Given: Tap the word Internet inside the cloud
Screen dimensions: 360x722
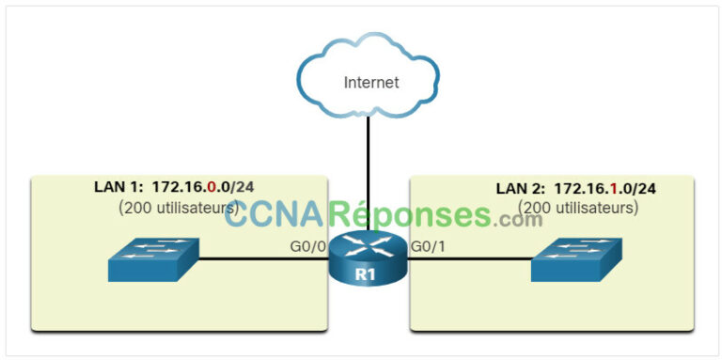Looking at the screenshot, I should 370,83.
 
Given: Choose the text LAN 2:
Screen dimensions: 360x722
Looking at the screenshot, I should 518,188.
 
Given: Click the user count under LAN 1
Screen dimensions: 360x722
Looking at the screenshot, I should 176,208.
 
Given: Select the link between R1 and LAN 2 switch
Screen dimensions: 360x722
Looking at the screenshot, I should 470,263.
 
